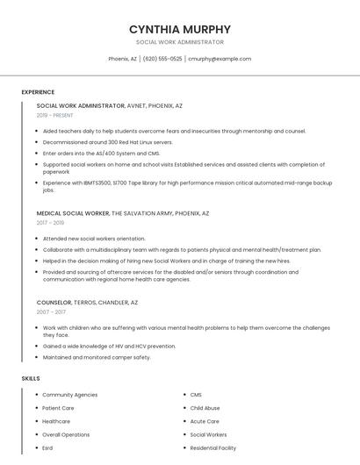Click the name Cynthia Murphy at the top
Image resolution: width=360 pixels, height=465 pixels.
[179, 29]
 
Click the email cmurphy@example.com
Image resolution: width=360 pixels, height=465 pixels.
[219, 59]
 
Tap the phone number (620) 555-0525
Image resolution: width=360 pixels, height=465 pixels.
[162, 59]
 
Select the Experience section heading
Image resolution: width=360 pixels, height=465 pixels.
[38, 92]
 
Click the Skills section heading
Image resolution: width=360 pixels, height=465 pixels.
[31, 378]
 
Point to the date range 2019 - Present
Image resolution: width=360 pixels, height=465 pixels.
[55, 115]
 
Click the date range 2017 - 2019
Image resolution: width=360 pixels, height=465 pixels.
[51, 223]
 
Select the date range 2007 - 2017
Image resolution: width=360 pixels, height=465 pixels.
[51, 311]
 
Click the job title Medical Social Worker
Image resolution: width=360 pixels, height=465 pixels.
[73, 213]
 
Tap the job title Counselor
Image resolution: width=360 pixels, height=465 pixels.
[54, 302]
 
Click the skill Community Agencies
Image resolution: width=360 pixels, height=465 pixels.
[70, 395]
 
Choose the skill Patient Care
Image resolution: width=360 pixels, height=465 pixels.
[58, 408]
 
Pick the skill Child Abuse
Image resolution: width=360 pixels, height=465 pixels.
[205, 408]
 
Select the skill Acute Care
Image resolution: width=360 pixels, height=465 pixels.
[205, 421]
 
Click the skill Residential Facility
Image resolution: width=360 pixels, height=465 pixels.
[213, 448]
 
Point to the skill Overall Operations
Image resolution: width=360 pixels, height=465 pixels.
[66, 434]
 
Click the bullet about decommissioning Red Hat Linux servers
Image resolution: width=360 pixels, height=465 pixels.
[108, 142]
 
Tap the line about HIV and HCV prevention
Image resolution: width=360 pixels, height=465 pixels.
[109, 346]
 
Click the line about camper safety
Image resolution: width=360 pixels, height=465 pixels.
[97, 357]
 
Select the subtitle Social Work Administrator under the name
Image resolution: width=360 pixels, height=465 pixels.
[179, 42]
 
